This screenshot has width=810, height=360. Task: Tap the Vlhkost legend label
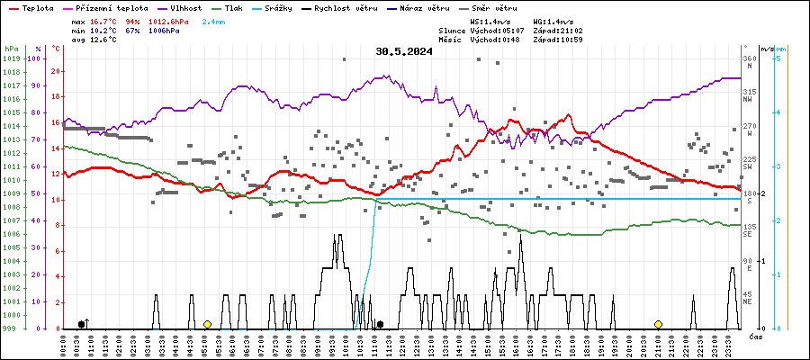184,7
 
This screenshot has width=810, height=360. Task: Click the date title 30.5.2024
404,51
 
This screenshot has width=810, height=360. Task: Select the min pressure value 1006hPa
161,30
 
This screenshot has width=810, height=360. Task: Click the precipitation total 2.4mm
213,20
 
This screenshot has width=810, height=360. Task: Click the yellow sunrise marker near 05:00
207,324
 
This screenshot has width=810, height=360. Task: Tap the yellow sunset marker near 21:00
658,324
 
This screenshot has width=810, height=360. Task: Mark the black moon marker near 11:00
380,324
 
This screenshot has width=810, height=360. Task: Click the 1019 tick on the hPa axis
11,58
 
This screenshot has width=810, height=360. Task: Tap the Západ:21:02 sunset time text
557,30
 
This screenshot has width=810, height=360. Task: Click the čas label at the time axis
757,336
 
